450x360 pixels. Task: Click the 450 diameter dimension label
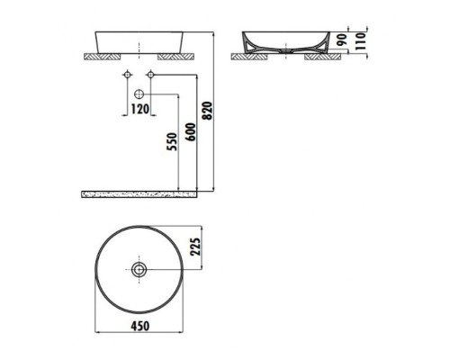(140, 326)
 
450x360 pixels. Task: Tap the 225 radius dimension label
(195, 247)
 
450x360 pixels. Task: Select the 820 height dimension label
(207, 111)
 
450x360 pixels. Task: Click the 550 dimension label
(172, 142)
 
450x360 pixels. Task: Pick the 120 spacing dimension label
(139, 109)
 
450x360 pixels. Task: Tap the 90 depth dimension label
(342, 40)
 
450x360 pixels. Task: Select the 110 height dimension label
(362, 41)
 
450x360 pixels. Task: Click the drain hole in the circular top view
(139, 269)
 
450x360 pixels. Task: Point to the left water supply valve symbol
(128, 74)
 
